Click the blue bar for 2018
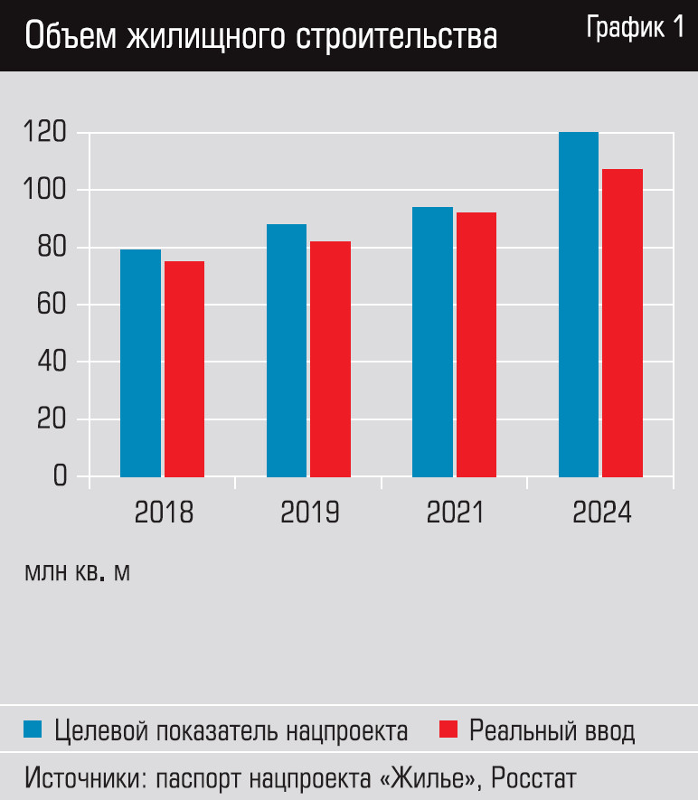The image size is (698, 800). (140, 362)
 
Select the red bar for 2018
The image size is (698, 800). (184, 369)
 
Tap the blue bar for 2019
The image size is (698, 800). (287, 350)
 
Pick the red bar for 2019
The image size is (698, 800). (330, 359)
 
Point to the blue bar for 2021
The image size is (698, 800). (432, 342)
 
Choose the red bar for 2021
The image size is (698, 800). (476, 344)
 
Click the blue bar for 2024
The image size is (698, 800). (579, 305)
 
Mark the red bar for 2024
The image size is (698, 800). (622, 323)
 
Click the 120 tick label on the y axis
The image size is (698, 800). (46, 134)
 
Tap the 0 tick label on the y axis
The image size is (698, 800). (60, 476)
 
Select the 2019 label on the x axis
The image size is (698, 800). (310, 513)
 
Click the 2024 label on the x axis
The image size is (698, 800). (602, 513)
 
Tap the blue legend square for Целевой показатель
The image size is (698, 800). (33, 729)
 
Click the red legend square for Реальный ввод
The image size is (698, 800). (448, 729)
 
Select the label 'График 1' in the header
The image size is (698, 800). (635, 28)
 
